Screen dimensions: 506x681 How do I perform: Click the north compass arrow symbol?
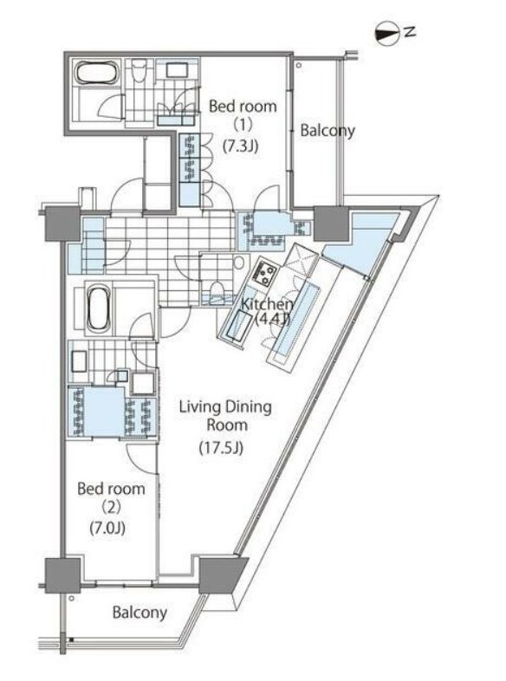tap(387, 35)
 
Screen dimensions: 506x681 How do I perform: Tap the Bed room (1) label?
tap(243, 115)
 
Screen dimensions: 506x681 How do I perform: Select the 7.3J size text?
tap(241, 146)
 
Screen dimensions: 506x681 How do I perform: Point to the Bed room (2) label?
tap(111, 497)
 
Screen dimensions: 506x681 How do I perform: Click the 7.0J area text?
tap(107, 529)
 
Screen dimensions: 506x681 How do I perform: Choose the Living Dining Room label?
tap(226, 416)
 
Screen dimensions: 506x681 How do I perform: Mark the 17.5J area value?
tap(221, 448)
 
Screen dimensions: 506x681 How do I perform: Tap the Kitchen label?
tap(267, 304)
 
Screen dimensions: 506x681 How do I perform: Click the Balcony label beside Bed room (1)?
tap(328, 130)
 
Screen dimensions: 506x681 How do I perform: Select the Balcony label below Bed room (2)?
tap(139, 613)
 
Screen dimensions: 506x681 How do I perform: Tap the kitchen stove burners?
tap(265, 274)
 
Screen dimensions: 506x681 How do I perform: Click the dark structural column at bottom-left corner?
tap(63, 575)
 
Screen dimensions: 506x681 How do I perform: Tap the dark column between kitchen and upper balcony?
tap(331, 224)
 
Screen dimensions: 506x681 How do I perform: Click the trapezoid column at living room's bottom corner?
tap(222, 575)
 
